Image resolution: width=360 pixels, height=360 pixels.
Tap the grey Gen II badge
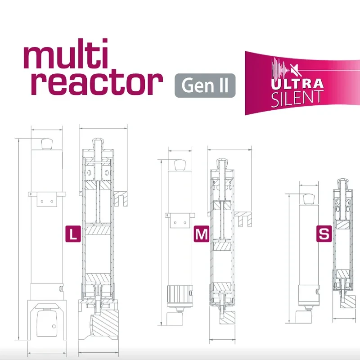point(205,85)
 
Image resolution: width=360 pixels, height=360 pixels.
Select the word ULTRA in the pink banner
point(297,84)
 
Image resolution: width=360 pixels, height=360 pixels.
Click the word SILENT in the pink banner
point(297,97)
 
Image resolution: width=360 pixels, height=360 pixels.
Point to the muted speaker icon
point(294,70)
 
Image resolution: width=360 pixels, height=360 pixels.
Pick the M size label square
point(201,234)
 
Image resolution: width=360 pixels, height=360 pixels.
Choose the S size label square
point(323,234)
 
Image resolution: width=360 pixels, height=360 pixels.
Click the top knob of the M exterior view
point(180,165)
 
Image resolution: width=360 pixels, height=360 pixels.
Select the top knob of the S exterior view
point(309,198)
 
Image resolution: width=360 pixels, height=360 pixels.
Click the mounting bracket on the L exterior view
point(45,198)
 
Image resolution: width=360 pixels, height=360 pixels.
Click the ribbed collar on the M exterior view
point(180,295)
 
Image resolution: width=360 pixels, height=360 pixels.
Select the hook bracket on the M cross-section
point(244,218)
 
